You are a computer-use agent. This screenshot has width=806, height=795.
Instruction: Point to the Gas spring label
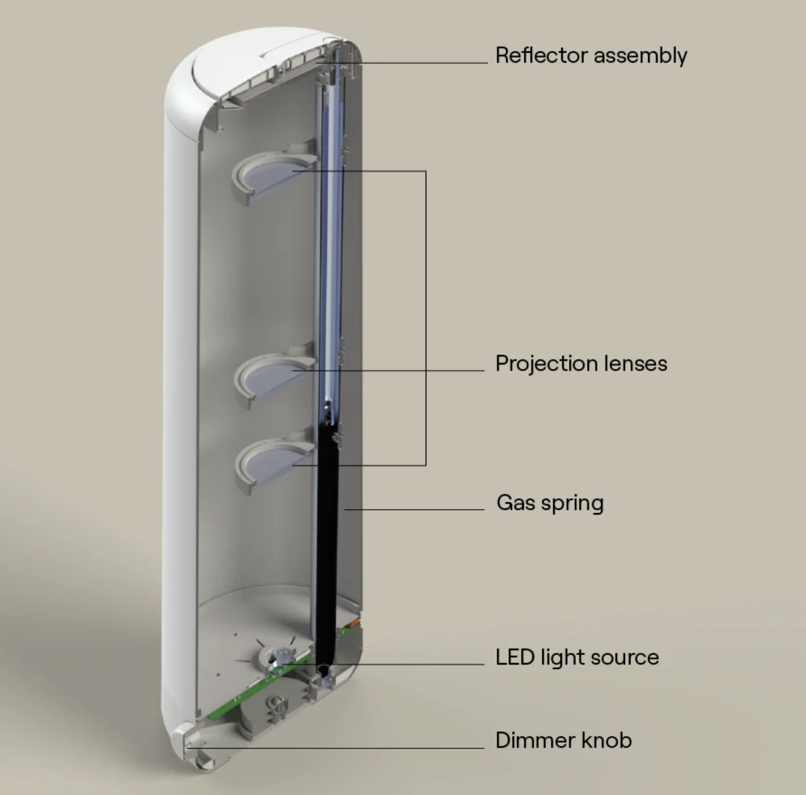pos(550,503)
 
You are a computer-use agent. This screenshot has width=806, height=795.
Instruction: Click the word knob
pos(607,740)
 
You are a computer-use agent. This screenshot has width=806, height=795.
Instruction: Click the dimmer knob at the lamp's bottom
pos(193,745)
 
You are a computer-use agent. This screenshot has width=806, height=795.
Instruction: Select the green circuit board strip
pos(245,699)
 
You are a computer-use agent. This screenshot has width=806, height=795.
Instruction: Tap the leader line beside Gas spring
pos(417,509)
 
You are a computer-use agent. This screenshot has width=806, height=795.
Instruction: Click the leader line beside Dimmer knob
pos(344,748)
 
